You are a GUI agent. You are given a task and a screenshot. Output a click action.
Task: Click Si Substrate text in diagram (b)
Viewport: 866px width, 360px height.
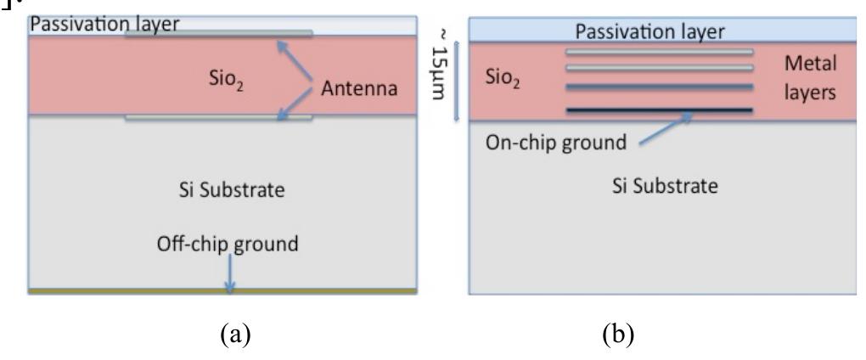click(x=664, y=185)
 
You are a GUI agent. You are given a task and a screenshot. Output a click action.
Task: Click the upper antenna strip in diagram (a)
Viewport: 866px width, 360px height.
click(x=219, y=34)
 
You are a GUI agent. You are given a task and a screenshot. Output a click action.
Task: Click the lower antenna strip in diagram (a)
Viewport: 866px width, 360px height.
click(x=219, y=118)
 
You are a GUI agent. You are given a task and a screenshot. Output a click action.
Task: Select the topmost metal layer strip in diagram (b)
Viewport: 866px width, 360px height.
click(x=659, y=51)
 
